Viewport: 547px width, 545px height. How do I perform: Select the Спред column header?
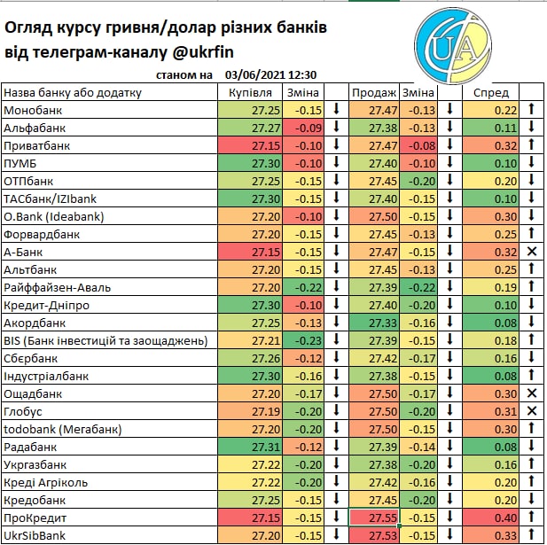coord(490,92)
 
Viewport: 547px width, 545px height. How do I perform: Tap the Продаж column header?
coord(373,92)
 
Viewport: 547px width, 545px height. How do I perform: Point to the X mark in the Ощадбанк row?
coord(532,393)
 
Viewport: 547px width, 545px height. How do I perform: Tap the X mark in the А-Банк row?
coord(532,252)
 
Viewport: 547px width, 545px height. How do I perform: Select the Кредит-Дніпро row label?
coord(46,305)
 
